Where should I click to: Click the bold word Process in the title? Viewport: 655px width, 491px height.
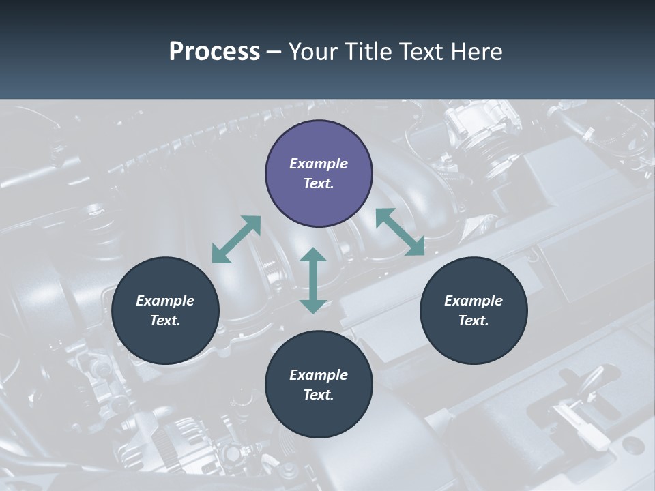pos(214,52)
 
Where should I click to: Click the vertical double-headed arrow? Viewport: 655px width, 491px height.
pos(313,280)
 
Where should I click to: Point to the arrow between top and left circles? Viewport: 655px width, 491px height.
pos(236,239)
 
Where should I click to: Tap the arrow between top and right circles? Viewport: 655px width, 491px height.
pos(400,232)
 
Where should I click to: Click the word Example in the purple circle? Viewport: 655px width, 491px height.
pos(319,164)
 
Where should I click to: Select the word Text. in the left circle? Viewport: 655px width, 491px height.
pos(165,321)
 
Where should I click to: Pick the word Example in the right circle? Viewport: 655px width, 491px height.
pos(474,301)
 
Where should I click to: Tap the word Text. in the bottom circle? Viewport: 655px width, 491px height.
pos(319,395)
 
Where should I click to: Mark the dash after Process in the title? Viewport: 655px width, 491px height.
pos(274,52)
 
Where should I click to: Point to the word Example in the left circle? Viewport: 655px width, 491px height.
pos(165,301)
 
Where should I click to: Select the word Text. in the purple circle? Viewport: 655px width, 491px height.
pos(319,183)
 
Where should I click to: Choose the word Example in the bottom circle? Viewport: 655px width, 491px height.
pos(319,375)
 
